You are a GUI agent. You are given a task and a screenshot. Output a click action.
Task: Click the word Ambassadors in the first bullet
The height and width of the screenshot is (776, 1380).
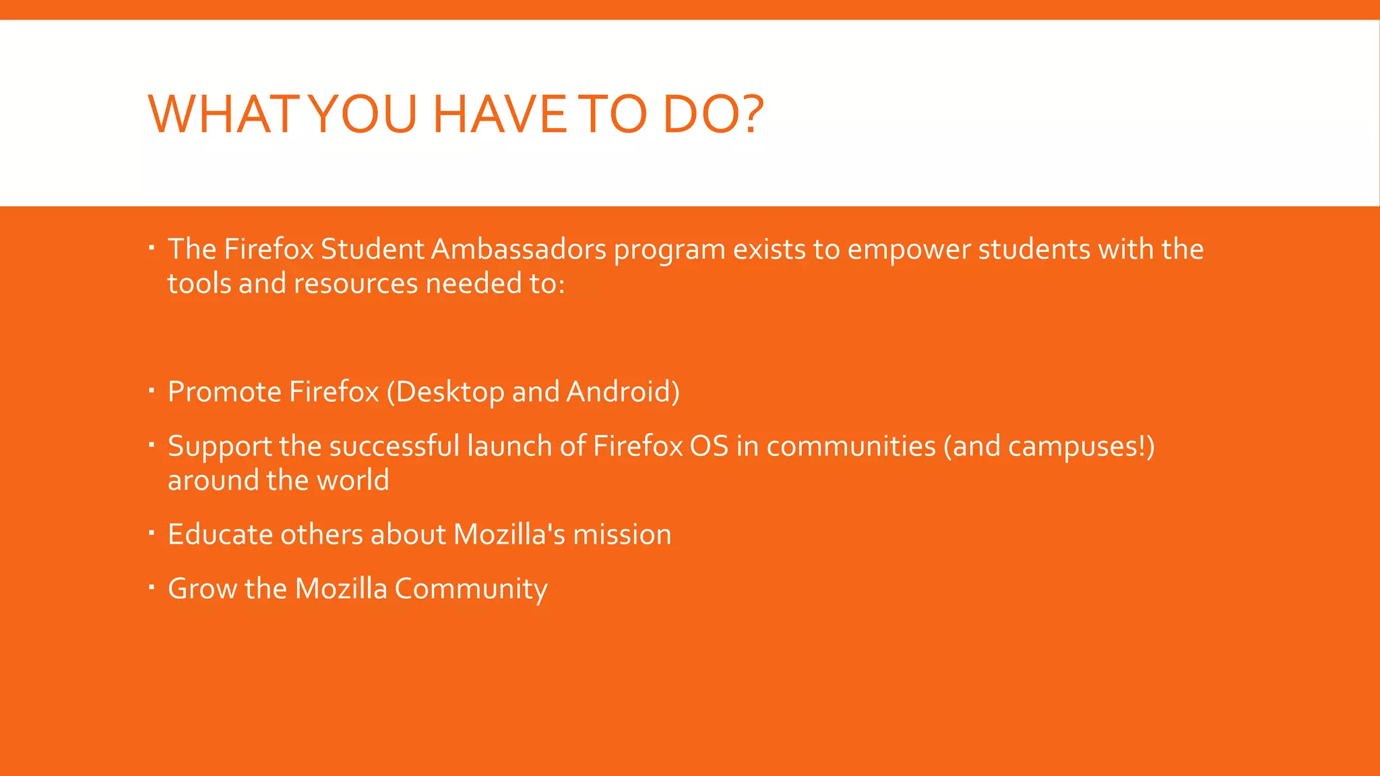coord(518,249)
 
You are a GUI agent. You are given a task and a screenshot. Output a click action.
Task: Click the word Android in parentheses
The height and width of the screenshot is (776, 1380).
coord(619,392)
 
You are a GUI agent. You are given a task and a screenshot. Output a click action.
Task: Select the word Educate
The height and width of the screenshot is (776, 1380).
coord(220,535)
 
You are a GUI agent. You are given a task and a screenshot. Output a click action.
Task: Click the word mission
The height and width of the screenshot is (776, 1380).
coord(622,535)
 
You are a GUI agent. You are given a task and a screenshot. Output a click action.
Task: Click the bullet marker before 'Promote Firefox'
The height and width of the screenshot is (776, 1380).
coord(152,390)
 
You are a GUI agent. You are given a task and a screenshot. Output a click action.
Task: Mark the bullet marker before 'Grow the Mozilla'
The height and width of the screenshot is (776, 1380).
coord(152,587)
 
